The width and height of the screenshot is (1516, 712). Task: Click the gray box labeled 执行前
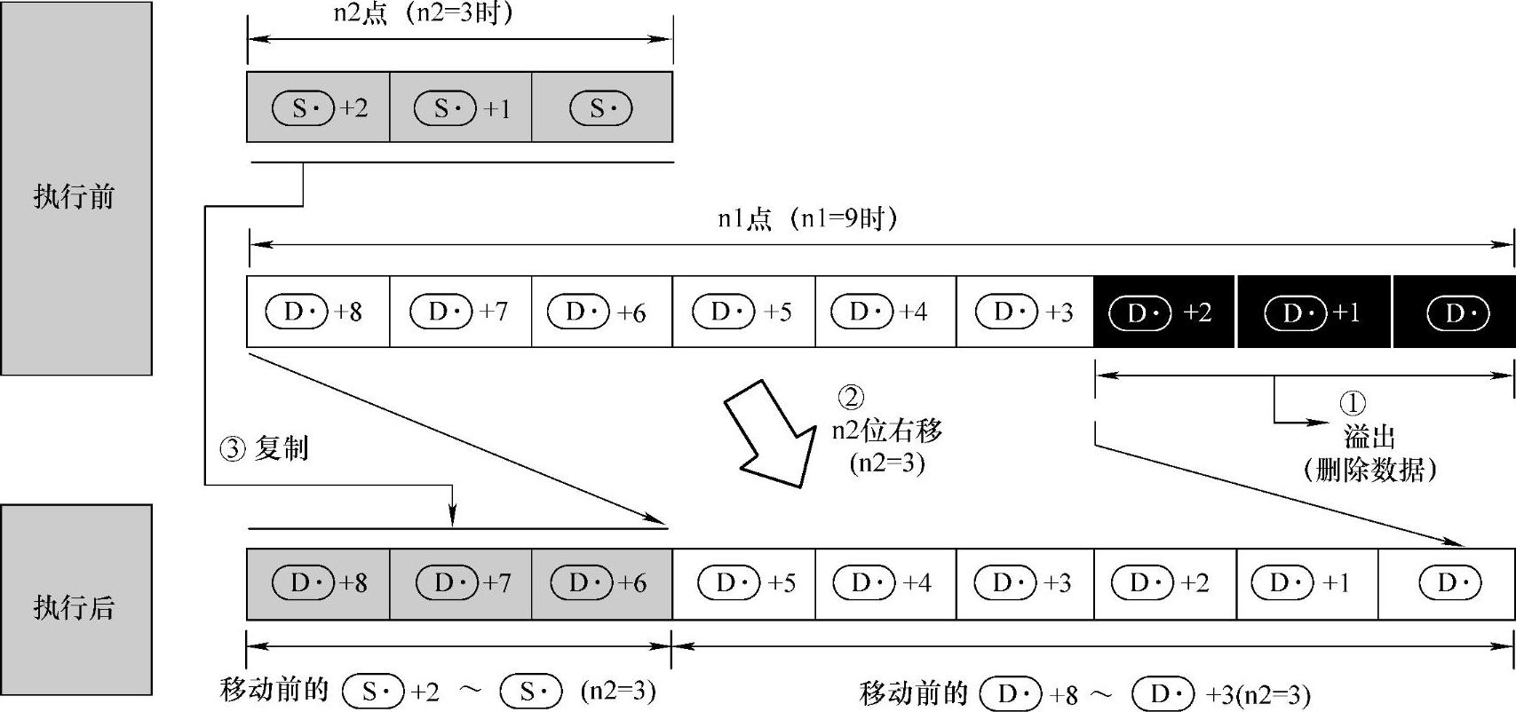pos(75,188)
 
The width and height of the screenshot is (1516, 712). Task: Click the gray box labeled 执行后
pos(75,599)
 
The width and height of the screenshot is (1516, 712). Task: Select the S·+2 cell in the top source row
pos(318,107)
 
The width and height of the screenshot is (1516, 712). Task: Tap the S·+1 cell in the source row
pos(460,107)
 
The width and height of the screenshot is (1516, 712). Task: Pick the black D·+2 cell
pos(1163,312)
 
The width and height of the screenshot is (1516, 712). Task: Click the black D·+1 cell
pos(1313,312)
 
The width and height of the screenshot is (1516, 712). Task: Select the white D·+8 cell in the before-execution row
pos(317,312)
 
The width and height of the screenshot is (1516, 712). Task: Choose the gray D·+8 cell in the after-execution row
pos(317,583)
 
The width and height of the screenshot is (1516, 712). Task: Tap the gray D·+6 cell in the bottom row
pos(601,583)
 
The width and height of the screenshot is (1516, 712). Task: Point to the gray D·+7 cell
pos(460,583)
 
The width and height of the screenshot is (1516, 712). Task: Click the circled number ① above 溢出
pos(1352,404)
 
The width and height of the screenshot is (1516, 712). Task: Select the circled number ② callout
pos(851,397)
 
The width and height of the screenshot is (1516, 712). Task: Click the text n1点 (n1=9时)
pos(806,218)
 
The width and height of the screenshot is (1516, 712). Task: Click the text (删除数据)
pos(1370,469)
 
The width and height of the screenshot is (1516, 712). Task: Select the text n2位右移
pos(886,431)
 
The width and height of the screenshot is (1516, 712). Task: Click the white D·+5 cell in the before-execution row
pos(742,312)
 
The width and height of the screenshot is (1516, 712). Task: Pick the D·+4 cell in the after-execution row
pos(885,583)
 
